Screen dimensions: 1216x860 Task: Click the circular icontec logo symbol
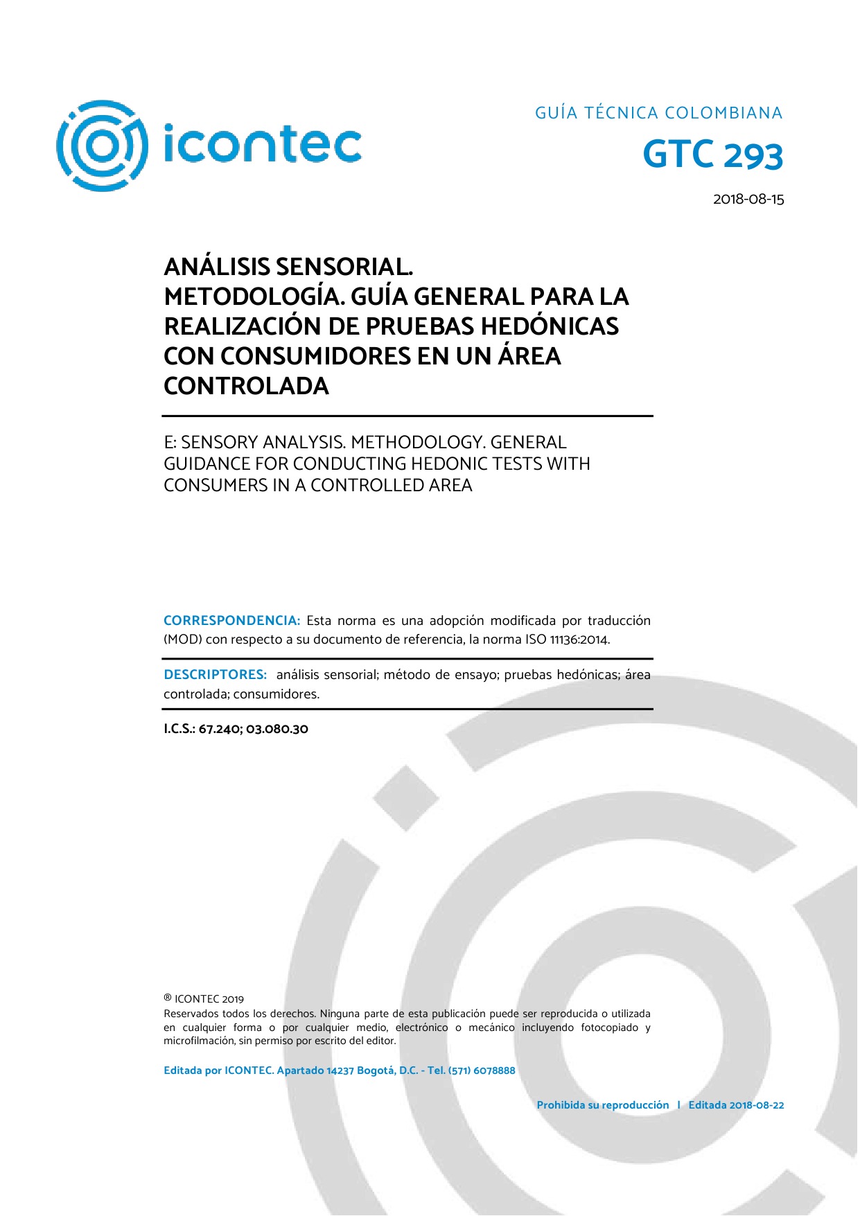[x=102, y=146]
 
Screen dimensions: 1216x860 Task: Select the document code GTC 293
[x=712, y=155]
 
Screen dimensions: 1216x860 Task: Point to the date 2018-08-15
[x=748, y=200]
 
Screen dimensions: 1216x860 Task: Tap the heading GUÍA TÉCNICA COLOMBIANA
[x=658, y=113]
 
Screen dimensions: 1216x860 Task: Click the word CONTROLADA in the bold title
[x=246, y=386]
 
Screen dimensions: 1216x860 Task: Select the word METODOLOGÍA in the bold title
[x=254, y=297]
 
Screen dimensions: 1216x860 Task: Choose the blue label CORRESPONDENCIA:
[x=231, y=621]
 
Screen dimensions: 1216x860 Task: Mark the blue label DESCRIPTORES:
[x=215, y=675]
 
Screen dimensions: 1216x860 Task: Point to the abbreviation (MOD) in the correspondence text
[x=182, y=640]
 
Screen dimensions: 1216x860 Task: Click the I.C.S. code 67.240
[x=218, y=729]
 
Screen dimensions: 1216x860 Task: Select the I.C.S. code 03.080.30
[x=277, y=729]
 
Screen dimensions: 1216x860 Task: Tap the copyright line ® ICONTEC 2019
[x=204, y=999]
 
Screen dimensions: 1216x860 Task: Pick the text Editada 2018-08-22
[x=736, y=1105]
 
